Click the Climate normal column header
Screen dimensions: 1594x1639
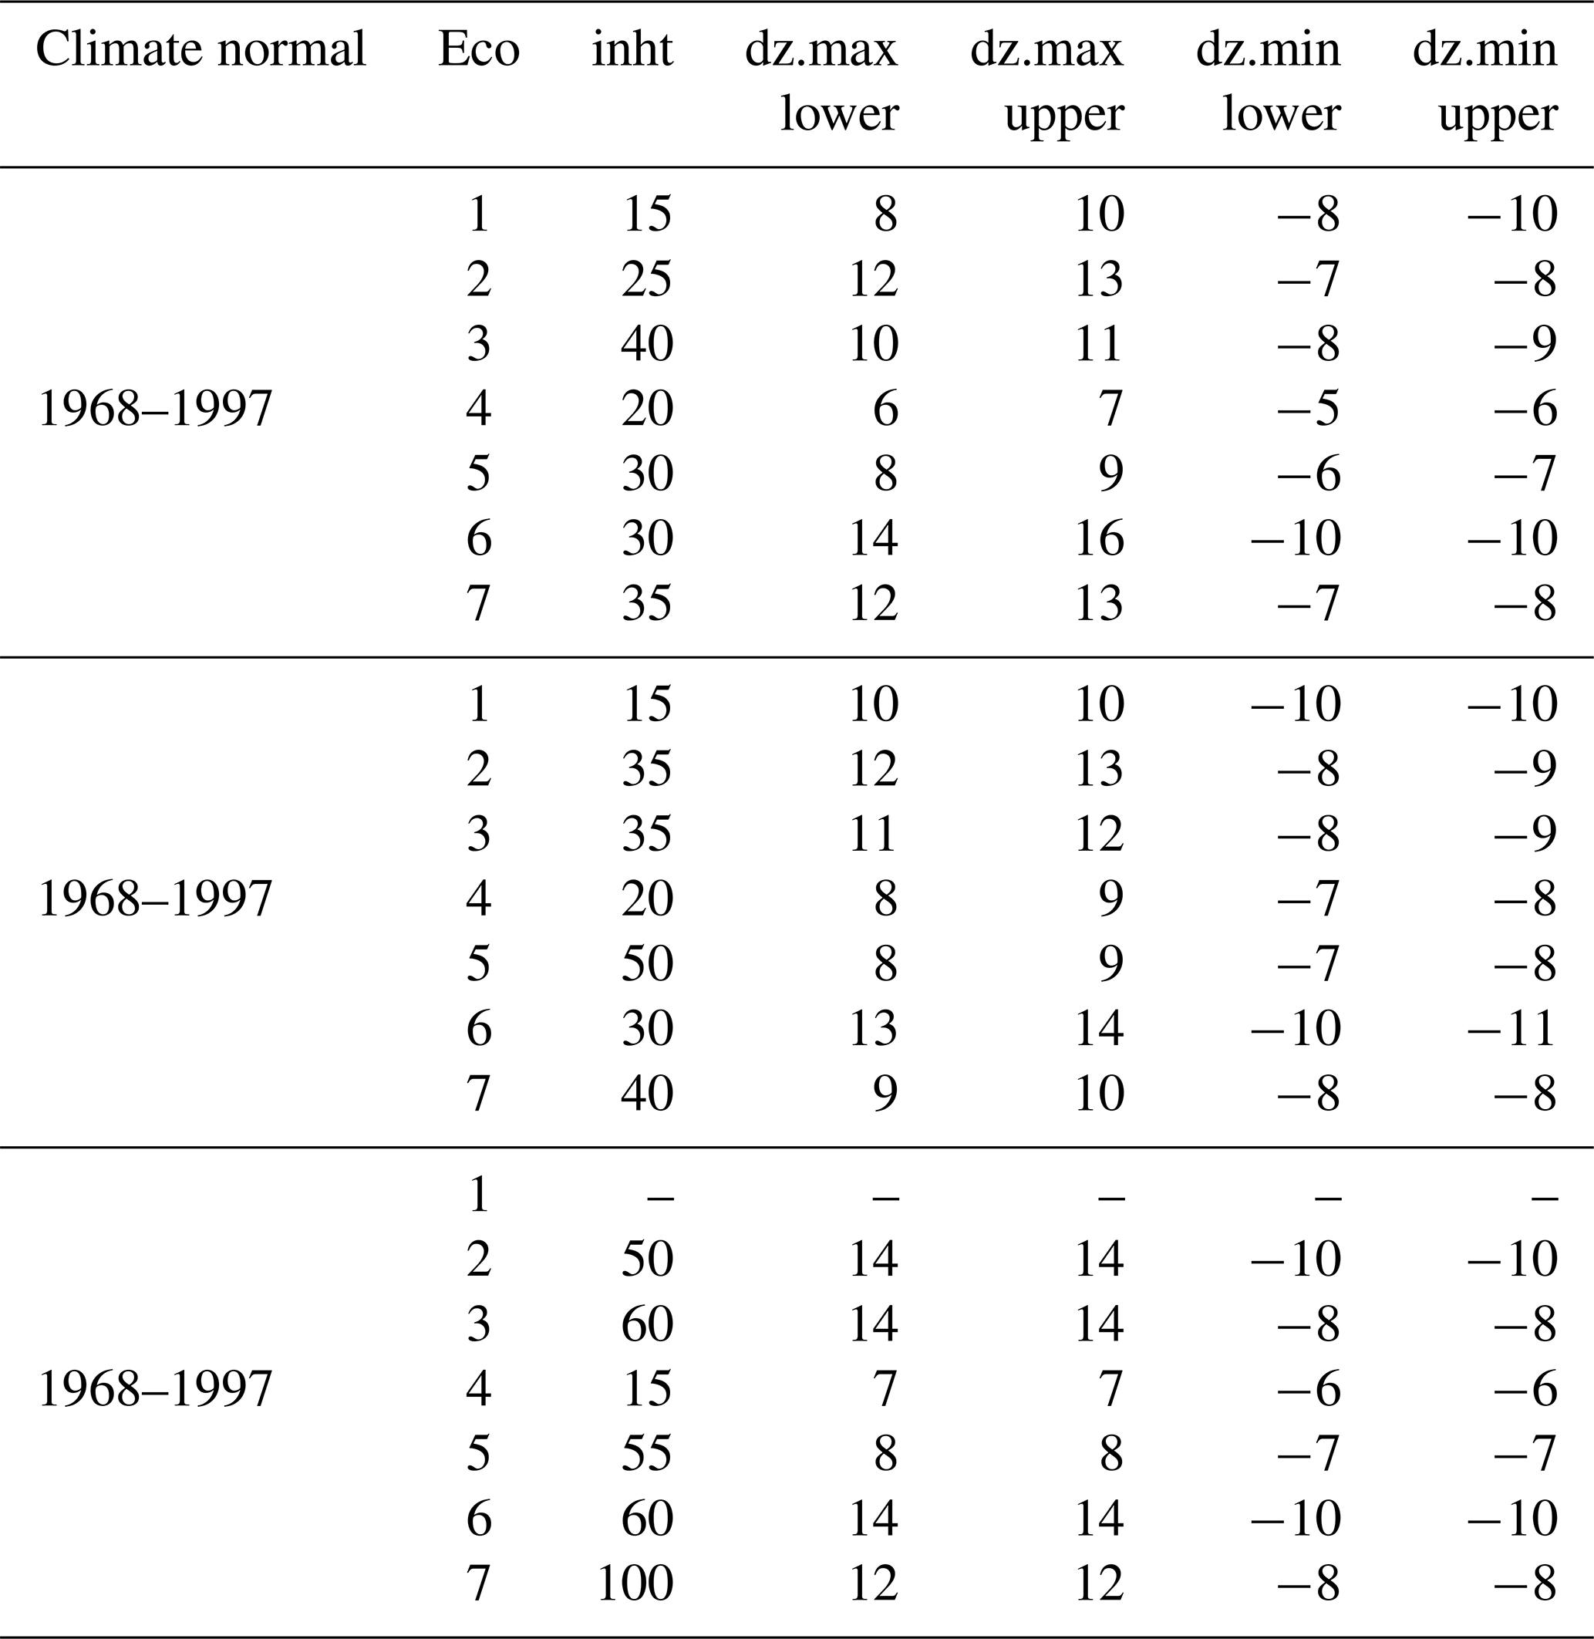pyautogui.click(x=201, y=49)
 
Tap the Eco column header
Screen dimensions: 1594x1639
pyautogui.click(x=479, y=49)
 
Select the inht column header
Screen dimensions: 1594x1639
pyautogui.click(x=632, y=49)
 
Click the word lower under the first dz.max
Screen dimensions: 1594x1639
pyautogui.click(x=840, y=114)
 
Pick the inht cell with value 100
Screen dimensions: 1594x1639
pyautogui.click(x=635, y=1583)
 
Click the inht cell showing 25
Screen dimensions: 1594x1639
pyautogui.click(x=647, y=279)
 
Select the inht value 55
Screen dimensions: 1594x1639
pyautogui.click(x=647, y=1453)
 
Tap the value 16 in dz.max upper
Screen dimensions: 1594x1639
pyautogui.click(x=1099, y=538)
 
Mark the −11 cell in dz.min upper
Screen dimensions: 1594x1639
pyautogui.click(x=1513, y=1028)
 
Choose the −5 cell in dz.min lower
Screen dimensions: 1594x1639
pyautogui.click(x=1309, y=410)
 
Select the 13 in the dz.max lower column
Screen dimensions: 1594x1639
pyautogui.click(x=874, y=1028)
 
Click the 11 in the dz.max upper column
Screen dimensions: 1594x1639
pyautogui.click(x=1098, y=344)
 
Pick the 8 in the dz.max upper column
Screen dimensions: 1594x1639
pyautogui.click(x=1112, y=1453)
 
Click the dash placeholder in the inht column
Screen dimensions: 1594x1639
pyautogui.click(x=661, y=1199)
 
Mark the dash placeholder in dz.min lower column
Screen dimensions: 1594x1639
pyautogui.click(x=1328, y=1199)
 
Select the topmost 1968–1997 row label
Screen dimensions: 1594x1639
pyautogui.click(x=156, y=410)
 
